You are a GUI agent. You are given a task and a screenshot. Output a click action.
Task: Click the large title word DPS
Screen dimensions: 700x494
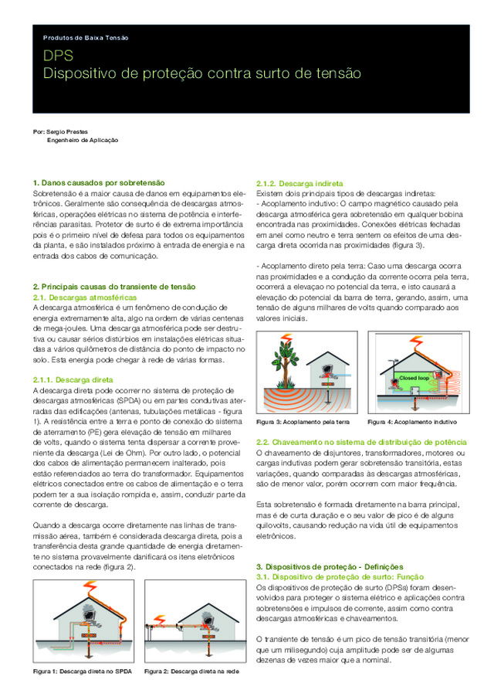(x=58, y=56)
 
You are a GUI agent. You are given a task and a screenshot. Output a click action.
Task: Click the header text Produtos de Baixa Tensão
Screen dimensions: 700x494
(x=86, y=38)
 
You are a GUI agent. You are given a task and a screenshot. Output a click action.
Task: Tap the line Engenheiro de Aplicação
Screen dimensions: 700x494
(x=83, y=141)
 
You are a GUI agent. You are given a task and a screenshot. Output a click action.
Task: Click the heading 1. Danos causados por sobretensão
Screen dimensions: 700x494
(x=99, y=182)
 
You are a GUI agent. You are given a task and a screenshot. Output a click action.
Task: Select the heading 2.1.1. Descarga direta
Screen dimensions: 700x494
(x=73, y=380)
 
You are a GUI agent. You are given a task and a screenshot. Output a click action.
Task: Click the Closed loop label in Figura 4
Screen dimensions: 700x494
(x=413, y=378)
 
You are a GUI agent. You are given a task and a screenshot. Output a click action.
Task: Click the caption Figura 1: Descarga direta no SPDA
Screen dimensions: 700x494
(x=82, y=671)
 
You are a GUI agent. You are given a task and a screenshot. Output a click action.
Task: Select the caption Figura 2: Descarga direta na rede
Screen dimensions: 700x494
(x=191, y=671)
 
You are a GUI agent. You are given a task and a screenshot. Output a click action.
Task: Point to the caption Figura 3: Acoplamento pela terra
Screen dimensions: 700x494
(x=303, y=423)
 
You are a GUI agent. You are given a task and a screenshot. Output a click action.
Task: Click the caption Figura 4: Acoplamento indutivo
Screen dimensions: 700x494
(x=412, y=423)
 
